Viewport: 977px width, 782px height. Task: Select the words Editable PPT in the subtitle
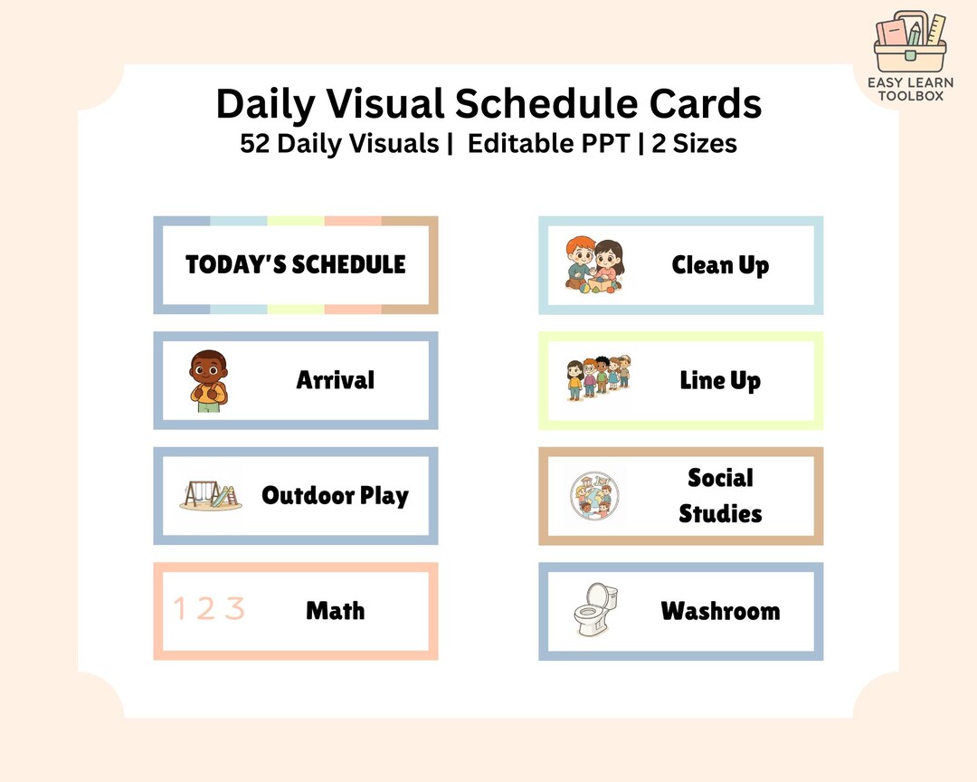tap(549, 144)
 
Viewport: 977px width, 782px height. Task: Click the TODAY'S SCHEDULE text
tap(296, 264)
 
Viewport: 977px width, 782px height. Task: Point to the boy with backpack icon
tap(209, 381)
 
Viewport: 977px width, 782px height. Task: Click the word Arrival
tap(335, 379)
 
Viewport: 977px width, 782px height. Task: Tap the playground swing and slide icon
tap(211, 495)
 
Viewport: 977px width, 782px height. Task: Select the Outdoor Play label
tap(335, 495)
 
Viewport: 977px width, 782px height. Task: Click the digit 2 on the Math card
tap(207, 609)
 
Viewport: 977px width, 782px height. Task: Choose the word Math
tap(335, 610)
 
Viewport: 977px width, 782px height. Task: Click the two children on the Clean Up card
tap(594, 264)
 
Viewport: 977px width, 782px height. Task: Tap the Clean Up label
tap(720, 265)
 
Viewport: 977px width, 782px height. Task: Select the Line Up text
tap(720, 380)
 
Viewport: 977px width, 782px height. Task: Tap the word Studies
tap(720, 513)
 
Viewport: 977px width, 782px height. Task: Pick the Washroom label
tap(720, 611)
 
